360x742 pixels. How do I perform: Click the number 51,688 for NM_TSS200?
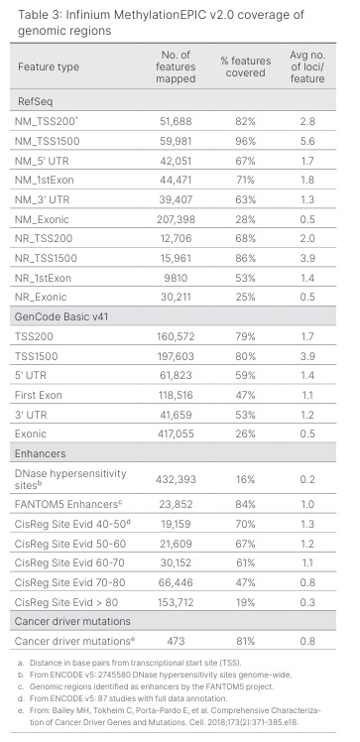(x=175, y=121)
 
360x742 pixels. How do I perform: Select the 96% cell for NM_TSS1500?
(x=245, y=141)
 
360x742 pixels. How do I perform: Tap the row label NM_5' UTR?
(x=42, y=161)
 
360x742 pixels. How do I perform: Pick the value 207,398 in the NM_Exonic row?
(x=175, y=219)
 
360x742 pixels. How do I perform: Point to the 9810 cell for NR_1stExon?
(x=175, y=278)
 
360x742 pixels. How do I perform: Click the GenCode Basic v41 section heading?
(x=61, y=316)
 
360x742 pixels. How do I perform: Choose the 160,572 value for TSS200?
(x=175, y=336)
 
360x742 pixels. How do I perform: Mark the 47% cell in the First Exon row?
(x=245, y=395)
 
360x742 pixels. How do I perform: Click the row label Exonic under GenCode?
(x=31, y=433)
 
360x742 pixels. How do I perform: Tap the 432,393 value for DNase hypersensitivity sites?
(x=175, y=479)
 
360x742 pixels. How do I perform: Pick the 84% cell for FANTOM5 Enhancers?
(x=245, y=504)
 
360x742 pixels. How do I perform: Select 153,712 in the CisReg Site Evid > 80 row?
(x=175, y=602)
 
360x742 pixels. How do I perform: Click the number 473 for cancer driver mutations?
(x=175, y=641)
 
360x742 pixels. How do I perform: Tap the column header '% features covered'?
(x=245, y=66)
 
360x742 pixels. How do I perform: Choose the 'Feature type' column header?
(x=49, y=66)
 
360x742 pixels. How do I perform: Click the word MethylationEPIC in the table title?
(x=147, y=15)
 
